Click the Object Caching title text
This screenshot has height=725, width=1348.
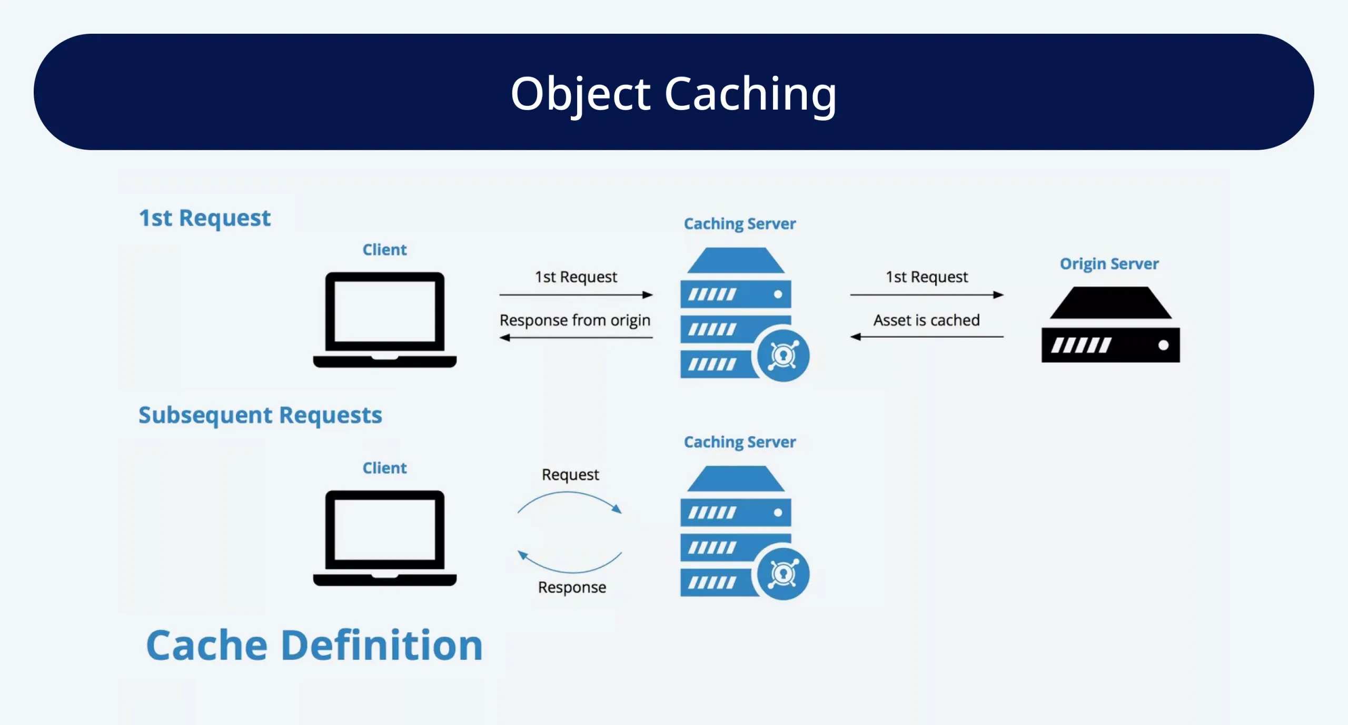[x=673, y=94]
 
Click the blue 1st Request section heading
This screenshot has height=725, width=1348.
[x=204, y=218]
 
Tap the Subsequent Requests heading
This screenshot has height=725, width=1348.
[x=260, y=415]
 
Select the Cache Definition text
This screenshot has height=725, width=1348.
[x=314, y=645]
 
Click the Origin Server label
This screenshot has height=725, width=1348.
[x=1109, y=263]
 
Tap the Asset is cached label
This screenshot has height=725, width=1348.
[x=926, y=320]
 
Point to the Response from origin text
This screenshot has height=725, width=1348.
[x=574, y=320]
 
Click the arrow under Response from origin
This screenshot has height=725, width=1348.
[x=576, y=338]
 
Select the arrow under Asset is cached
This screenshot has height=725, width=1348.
[x=926, y=337]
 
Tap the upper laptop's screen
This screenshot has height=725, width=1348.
[x=384, y=311]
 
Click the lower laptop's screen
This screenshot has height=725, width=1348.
[x=384, y=530]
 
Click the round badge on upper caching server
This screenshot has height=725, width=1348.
[x=783, y=356]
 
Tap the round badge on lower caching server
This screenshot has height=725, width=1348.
[x=783, y=574]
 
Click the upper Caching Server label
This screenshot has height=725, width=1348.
[x=739, y=224]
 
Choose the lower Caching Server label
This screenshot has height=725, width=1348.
[x=739, y=442]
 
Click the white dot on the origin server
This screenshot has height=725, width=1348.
[x=1163, y=345]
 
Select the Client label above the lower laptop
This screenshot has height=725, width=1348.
[x=384, y=468]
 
